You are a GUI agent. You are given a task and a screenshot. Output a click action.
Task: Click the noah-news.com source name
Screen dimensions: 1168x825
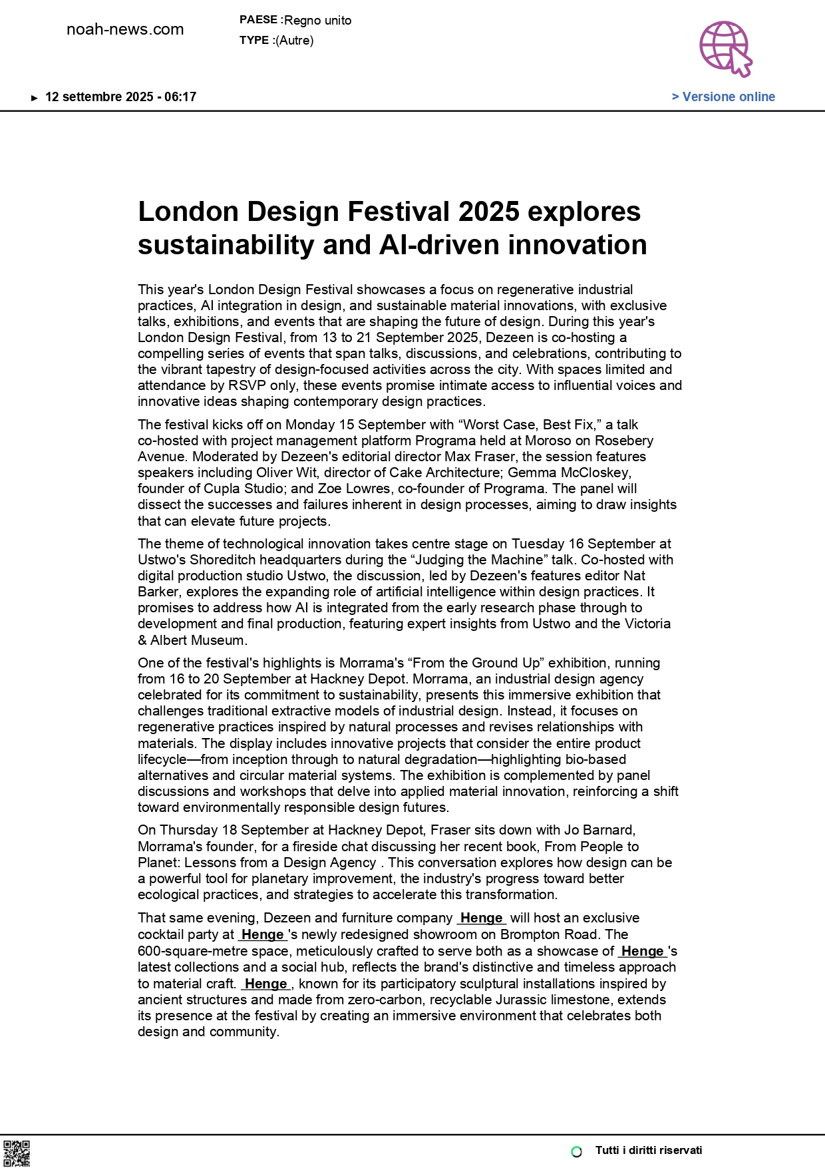pos(125,29)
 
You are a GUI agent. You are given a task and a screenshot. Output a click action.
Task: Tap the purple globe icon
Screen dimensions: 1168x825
pos(725,48)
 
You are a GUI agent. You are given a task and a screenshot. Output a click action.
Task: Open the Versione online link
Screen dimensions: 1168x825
pos(723,97)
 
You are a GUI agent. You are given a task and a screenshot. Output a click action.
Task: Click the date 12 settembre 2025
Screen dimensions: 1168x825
pos(99,97)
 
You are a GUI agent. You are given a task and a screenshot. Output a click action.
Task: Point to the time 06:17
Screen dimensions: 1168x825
pos(180,97)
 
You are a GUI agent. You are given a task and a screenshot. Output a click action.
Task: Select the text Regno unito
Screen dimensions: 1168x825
pos(317,21)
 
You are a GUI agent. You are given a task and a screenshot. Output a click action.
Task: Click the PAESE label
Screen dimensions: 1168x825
pos(258,20)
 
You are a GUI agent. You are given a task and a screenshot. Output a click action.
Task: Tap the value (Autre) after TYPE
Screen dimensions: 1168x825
pos(294,41)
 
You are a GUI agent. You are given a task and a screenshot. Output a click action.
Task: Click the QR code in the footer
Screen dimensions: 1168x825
pos(17,1153)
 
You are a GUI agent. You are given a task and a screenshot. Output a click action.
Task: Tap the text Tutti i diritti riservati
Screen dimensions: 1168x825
pos(648,1151)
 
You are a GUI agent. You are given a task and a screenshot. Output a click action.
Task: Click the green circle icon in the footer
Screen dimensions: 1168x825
pos(577,1151)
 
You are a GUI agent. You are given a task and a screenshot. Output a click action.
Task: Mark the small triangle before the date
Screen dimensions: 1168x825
pos(35,98)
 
